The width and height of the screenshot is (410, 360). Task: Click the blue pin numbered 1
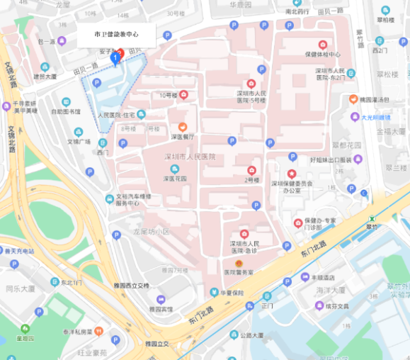point(115,57)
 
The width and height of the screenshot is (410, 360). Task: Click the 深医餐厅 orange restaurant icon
point(183,126)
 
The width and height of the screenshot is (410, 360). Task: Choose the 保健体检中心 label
point(322,55)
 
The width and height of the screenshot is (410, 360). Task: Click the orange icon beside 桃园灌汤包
point(353,100)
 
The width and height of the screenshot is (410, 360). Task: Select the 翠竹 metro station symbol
point(370,217)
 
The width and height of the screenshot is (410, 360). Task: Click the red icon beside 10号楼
point(183,95)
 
